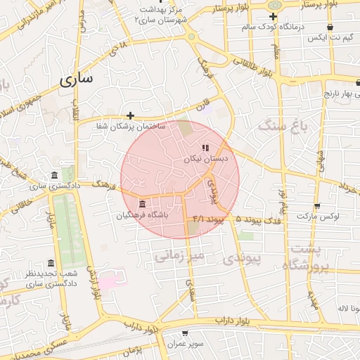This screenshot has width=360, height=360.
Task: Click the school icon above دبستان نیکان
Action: (205, 148)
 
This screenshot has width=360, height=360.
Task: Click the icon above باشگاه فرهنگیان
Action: (143, 203)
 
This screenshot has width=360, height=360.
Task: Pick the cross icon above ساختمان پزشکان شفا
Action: (130, 115)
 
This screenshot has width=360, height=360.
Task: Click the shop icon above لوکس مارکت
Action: (317, 206)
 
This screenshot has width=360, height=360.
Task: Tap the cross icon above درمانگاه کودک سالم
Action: (273, 16)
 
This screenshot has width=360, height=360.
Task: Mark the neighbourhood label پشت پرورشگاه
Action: (307, 259)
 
